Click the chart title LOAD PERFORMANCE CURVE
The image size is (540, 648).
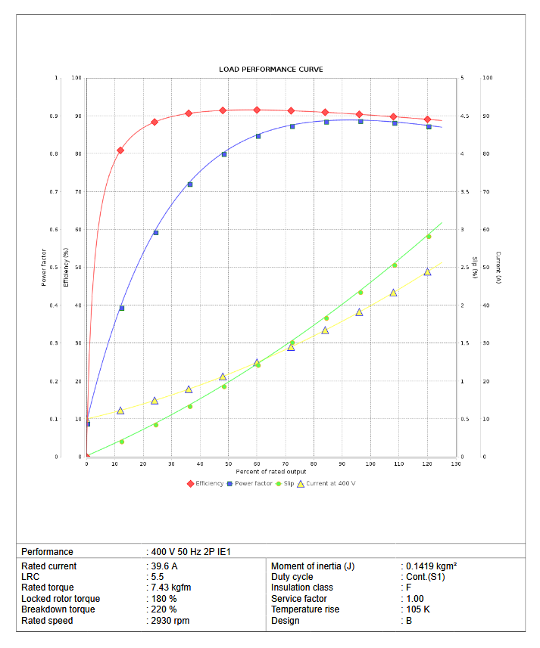(x=270, y=70)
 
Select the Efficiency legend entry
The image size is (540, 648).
(x=208, y=483)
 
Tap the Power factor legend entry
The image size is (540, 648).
(x=253, y=483)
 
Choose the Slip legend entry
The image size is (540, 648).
(x=289, y=483)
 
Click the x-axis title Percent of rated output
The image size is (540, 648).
(x=270, y=472)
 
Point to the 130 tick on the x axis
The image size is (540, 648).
(x=455, y=464)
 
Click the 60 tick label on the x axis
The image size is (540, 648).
(x=257, y=464)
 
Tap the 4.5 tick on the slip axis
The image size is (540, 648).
(x=464, y=116)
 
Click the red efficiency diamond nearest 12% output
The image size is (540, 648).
(x=120, y=150)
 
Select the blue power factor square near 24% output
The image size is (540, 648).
(x=156, y=233)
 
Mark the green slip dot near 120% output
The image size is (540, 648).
(x=429, y=237)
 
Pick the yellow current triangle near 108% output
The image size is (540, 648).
(x=393, y=293)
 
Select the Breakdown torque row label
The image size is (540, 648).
(x=58, y=609)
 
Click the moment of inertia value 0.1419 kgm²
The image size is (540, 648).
(x=431, y=566)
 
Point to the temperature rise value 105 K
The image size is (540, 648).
(x=418, y=609)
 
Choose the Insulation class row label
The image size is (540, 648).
(x=302, y=588)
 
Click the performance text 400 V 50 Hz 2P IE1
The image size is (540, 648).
(x=191, y=552)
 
